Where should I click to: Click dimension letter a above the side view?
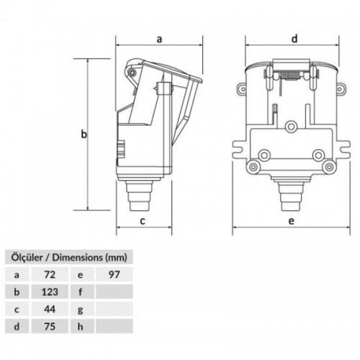point(159,39)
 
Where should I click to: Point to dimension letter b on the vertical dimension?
point(84,134)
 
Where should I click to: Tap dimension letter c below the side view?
point(143,221)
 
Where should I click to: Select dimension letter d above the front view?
point(294,38)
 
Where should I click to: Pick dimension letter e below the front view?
point(291,221)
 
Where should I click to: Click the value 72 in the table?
point(50,274)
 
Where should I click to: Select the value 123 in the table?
point(50,292)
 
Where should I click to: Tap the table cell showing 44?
point(50,309)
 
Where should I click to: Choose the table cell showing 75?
point(50,326)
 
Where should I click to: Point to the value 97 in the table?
point(114,274)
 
